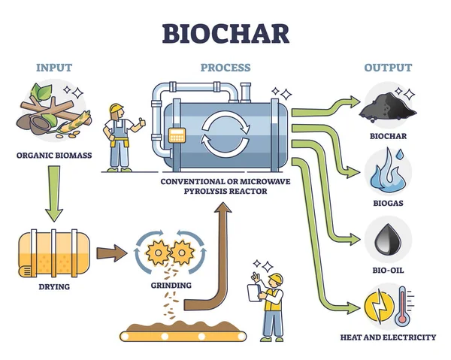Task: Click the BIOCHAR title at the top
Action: [x=225, y=32]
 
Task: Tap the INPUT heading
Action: [x=55, y=68]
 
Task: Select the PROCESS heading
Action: [x=225, y=68]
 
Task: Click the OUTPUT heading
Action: [x=388, y=68]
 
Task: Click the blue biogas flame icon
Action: [x=386, y=171]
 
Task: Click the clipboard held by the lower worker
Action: [x=253, y=292]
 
